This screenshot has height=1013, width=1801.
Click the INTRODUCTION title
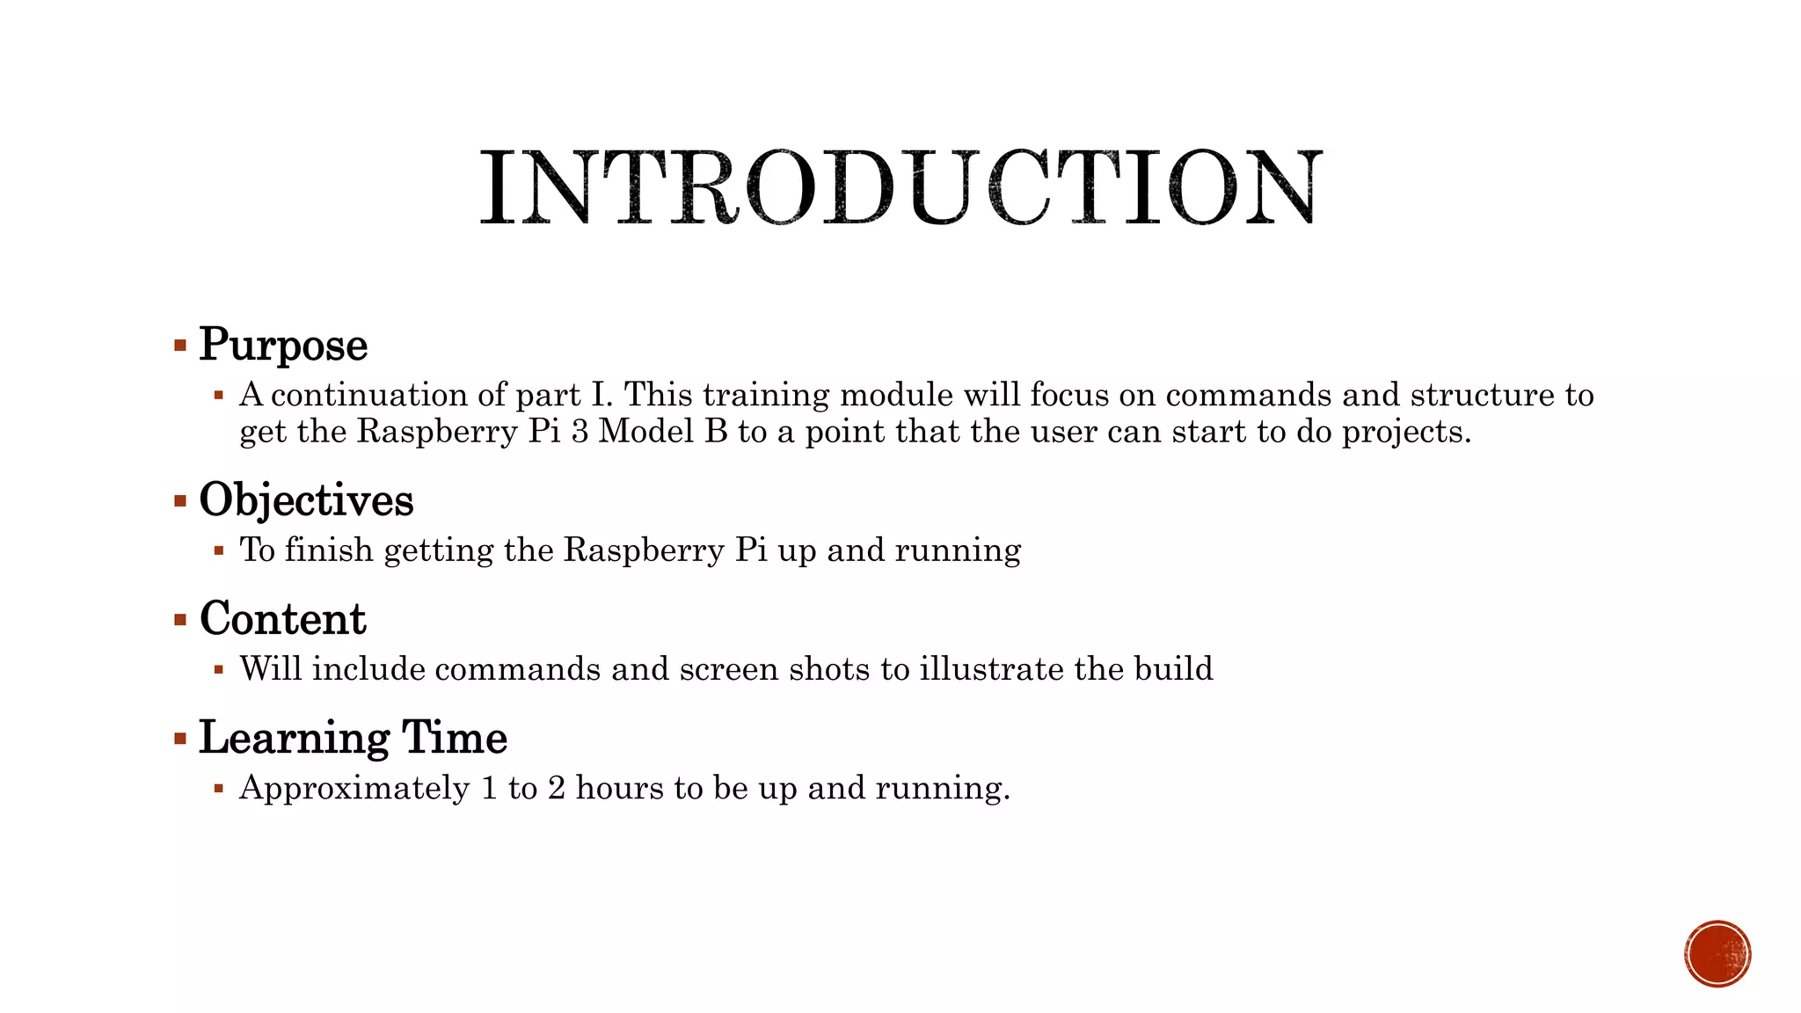coord(900,186)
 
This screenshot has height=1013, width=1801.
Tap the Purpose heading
coord(283,344)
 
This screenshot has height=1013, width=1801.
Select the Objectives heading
coord(306,499)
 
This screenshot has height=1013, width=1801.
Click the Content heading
coord(282,618)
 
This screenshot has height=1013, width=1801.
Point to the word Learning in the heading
coord(294,737)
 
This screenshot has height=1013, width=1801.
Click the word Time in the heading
coord(455,737)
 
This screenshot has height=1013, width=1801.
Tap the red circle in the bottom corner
coord(1717,953)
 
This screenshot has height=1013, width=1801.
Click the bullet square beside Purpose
coord(180,345)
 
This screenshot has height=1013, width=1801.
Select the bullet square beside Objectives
coord(180,501)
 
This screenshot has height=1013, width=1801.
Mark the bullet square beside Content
coord(180,620)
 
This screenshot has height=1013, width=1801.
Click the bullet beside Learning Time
coord(180,739)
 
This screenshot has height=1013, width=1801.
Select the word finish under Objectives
coord(329,550)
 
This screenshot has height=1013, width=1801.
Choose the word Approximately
coord(354,789)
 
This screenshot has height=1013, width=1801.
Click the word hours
coord(619,788)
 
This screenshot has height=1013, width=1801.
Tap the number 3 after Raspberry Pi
coord(580,432)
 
